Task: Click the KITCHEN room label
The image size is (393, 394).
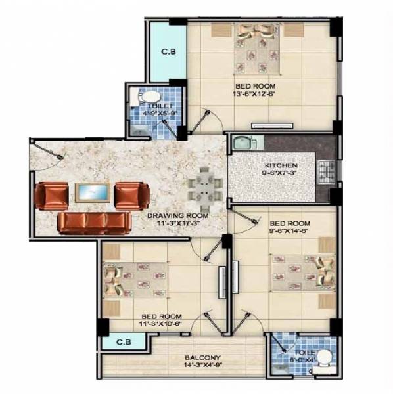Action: (281, 165)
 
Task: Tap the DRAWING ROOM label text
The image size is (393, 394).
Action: (177, 215)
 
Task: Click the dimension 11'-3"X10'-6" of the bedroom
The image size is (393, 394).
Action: (160, 324)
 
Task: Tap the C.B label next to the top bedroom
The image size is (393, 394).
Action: (167, 52)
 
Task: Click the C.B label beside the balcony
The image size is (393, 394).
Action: (122, 341)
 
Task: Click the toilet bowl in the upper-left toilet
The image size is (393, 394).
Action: (140, 97)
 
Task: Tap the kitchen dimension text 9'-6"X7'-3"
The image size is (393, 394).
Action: (281, 173)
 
